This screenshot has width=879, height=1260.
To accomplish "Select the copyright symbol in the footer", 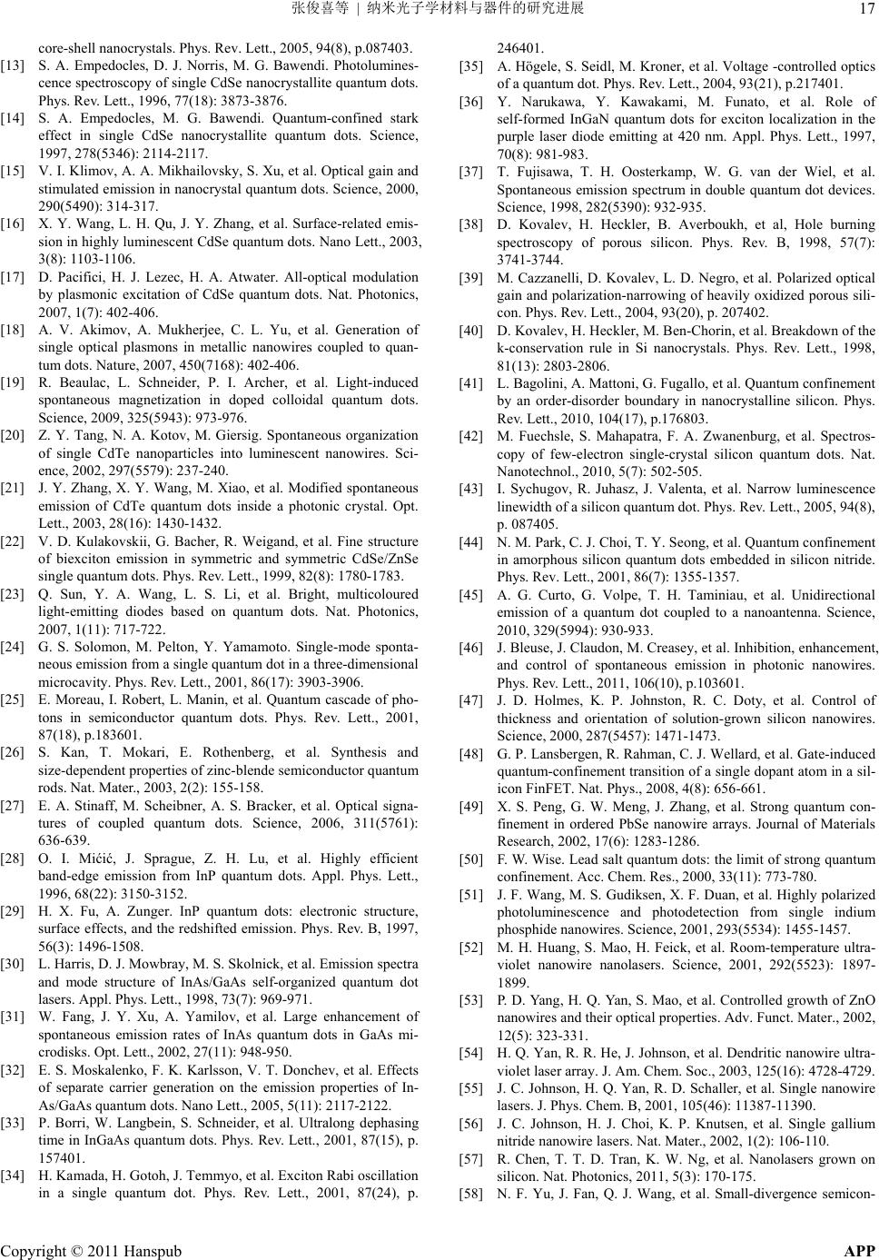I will (76, 1250).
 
